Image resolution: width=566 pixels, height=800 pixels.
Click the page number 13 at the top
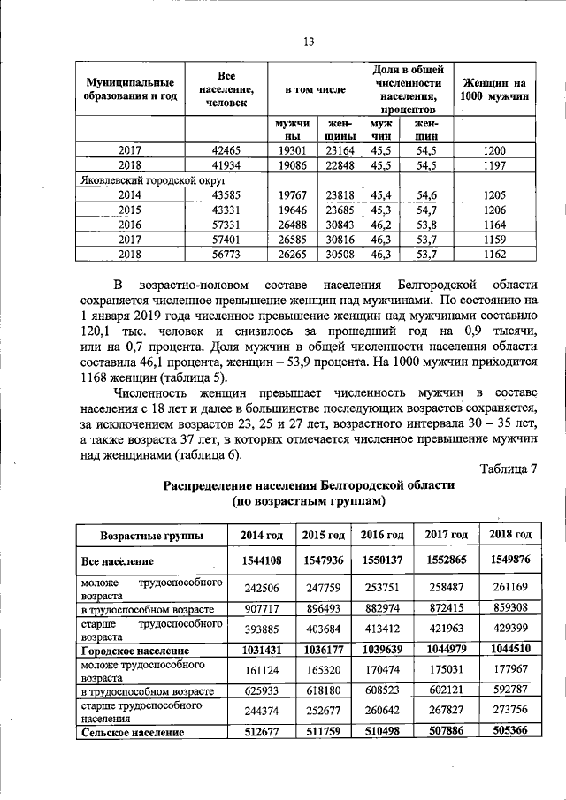[309, 42]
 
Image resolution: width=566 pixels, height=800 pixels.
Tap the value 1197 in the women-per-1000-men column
[495, 165]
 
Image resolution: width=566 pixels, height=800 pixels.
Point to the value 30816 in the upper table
[340, 240]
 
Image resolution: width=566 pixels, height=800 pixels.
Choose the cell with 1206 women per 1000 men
[495, 210]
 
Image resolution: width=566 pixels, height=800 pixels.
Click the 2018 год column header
[508, 535]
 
